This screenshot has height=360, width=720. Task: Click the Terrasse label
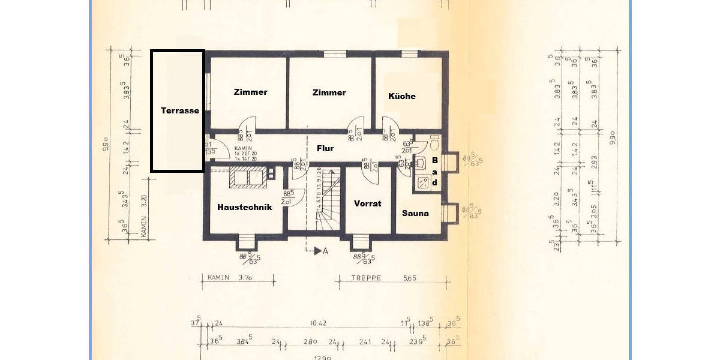pos(179,110)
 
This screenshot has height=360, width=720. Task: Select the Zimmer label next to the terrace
pos(250,92)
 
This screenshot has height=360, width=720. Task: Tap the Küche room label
pos(401,95)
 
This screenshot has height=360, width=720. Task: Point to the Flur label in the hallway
pos(325,148)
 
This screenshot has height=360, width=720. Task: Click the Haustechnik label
pos(244,207)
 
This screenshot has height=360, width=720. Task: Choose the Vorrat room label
pos(367,203)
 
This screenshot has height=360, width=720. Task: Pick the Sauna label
pos(415,212)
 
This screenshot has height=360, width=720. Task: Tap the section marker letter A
pos(326,251)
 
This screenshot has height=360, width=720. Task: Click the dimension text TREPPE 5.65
pos(376,278)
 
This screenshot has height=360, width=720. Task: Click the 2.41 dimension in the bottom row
pos(365,342)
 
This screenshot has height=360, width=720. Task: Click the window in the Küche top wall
pos(409,54)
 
